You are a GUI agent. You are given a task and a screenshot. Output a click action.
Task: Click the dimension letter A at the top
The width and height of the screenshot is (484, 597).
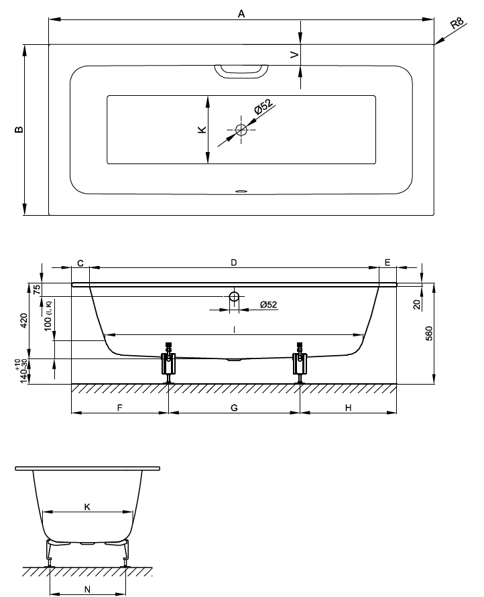coord(241,14)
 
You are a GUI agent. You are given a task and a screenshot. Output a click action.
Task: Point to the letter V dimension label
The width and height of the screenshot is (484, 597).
coord(294,55)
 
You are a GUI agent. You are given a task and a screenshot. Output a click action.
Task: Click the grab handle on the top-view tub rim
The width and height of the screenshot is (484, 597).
coord(241,70)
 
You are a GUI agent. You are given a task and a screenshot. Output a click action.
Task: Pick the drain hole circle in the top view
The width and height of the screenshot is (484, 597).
coord(241,130)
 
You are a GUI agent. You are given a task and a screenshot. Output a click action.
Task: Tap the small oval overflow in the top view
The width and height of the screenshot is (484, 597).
coord(241,190)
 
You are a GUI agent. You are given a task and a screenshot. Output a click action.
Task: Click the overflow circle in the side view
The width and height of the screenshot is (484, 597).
coord(234,297)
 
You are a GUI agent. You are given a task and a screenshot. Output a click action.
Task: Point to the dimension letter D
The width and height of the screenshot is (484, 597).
coord(234,263)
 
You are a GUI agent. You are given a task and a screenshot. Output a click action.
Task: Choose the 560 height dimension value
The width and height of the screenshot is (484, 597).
coord(429,333)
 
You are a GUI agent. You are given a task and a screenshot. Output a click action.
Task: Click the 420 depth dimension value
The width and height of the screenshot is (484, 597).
coord(24,320)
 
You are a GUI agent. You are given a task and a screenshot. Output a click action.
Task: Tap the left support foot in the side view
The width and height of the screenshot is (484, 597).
coord(168,362)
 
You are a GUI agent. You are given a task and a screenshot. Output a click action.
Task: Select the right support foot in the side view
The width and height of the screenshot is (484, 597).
coord(300,362)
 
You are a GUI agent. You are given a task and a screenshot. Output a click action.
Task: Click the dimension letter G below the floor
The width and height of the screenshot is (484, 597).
coord(234,407)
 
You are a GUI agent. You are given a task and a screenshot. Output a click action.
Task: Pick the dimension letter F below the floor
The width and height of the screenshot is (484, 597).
coord(119,407)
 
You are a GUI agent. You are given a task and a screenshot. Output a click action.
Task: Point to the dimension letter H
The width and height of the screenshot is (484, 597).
coord(349,407)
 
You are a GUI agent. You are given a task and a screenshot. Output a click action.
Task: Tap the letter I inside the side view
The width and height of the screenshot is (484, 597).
coord(234,328)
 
